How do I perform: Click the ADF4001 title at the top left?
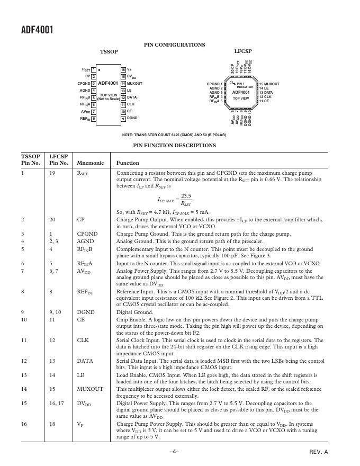point(29,30)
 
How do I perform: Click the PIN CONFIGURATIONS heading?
point(175,45)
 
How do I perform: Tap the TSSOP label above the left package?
point(109,52)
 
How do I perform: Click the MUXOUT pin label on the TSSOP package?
point(135,84)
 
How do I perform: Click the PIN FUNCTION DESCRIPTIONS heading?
point(174,144)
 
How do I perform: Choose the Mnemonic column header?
point(91,163)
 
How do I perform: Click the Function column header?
point(128,163)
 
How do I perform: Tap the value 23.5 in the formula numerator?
point(186,196)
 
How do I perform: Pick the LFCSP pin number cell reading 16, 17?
point(57,403)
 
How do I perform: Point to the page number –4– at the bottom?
point(175,451)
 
